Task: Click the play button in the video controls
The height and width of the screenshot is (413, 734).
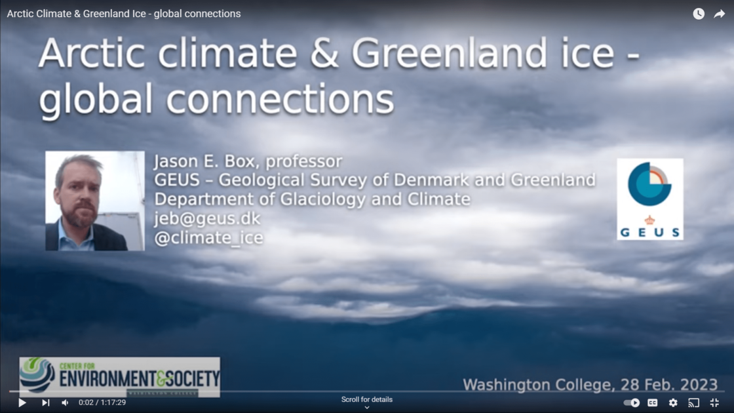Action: click(22, 403)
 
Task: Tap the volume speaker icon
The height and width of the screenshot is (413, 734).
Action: click(65, 403)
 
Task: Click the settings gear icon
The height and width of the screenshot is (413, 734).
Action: click(673, 403)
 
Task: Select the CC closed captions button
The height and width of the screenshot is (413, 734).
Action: click(653, 403)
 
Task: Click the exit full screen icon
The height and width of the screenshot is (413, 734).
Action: click(714, 403)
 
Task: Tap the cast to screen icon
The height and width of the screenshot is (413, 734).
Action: click(694, 403)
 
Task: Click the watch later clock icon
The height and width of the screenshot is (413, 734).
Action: click(699, 14)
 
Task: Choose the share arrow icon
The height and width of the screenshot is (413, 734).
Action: click(719, 14)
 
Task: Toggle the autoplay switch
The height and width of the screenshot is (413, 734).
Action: click(632, 403)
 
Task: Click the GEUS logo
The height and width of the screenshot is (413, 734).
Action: click(649, 199)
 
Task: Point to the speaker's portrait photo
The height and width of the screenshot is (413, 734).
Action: click(95, 201)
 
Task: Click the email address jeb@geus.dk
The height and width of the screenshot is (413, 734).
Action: click(207, 218)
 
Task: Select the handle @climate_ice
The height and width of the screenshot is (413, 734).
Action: click(208, 238)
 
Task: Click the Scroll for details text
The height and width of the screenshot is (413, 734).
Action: click(367, 399)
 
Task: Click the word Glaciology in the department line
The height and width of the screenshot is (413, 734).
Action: click(311, 199)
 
